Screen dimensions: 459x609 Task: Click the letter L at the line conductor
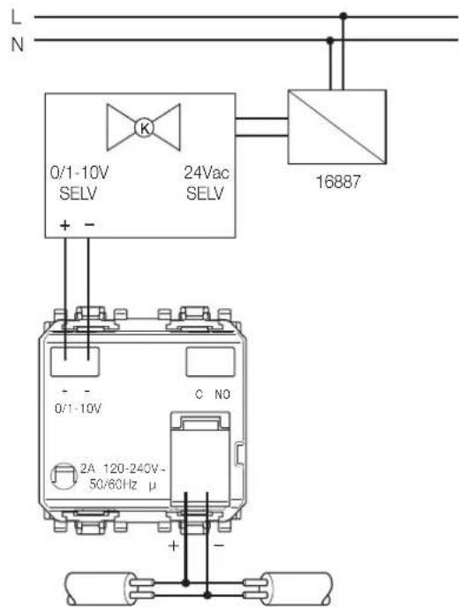coord(16,18)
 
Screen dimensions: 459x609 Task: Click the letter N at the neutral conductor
coord(17,44)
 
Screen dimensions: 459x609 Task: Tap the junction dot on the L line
coord(342,16)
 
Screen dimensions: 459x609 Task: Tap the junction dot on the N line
coord(330,40)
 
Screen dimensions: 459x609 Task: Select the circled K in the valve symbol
coord(144,128)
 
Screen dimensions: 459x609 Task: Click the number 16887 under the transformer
coord(338,182)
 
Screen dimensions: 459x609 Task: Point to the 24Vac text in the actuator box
coord(207,173)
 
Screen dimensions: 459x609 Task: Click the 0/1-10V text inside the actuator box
coord(79,173)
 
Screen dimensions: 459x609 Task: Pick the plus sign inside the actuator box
coord(64,224)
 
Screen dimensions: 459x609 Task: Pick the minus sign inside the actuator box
coord(89,224)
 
